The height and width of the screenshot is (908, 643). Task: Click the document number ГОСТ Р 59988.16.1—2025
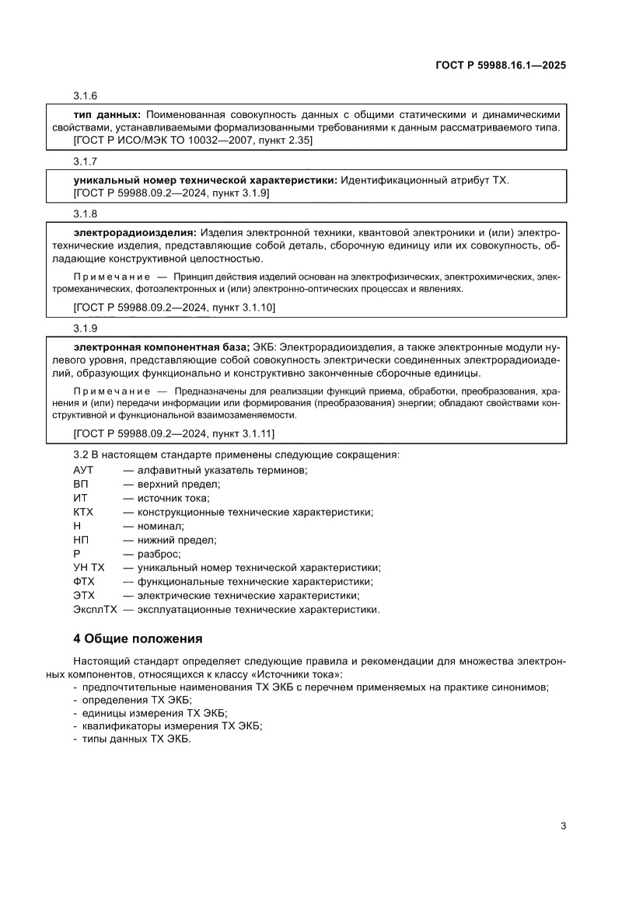[x=500, y=66]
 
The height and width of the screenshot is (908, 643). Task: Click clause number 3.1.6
[x=85, y=96]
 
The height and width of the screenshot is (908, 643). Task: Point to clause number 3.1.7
[x=85, y=162]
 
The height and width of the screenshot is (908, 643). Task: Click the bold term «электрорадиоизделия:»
[x=135, y=232]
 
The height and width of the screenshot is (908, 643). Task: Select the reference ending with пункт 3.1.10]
[x=174, y=308]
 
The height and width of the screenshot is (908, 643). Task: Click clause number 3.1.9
[x=85, y=329]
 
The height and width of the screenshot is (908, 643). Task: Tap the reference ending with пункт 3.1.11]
[x=174, y=433]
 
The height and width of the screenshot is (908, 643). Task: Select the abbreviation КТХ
[x=83, y=512]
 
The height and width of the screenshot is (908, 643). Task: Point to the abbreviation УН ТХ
[x=89, y=568]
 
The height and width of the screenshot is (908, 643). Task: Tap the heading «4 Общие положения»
[x=138, y=639]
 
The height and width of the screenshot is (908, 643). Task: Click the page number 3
[x=562, y=826]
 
